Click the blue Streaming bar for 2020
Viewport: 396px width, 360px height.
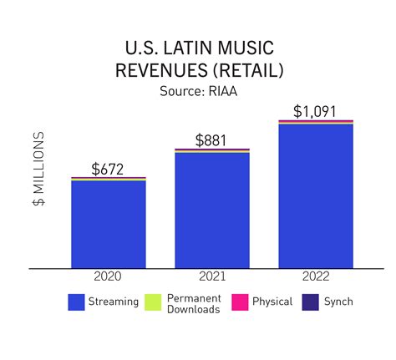[x=109, y=224]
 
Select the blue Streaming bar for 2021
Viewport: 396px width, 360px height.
[x=212, y=210]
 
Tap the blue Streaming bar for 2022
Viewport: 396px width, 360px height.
[x=315, y=195]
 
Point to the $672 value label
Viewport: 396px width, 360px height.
[x=108, y=169]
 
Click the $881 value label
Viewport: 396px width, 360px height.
[x=212, y=140]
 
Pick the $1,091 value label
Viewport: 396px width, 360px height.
[x=316, y=111]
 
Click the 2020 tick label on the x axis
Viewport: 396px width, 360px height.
[x=109, y=276]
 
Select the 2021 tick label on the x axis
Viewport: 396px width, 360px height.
[x=212, y=276]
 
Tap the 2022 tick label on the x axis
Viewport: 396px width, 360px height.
[x=316, y=276]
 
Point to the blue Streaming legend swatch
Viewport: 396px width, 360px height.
[x=77, y=302]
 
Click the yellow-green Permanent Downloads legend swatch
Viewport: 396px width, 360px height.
[x=154, y=302]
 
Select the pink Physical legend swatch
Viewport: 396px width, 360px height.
[x=238, y=302]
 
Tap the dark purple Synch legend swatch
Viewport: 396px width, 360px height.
[x=309, y=302]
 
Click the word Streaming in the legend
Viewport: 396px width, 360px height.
[x=114, y=302]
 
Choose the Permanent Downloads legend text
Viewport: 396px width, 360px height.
[x=194, y=303]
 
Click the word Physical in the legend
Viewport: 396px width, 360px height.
[x=272, y=302]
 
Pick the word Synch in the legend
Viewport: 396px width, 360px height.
[x=338, y=302]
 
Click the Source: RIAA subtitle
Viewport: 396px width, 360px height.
[x=198, y=90]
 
